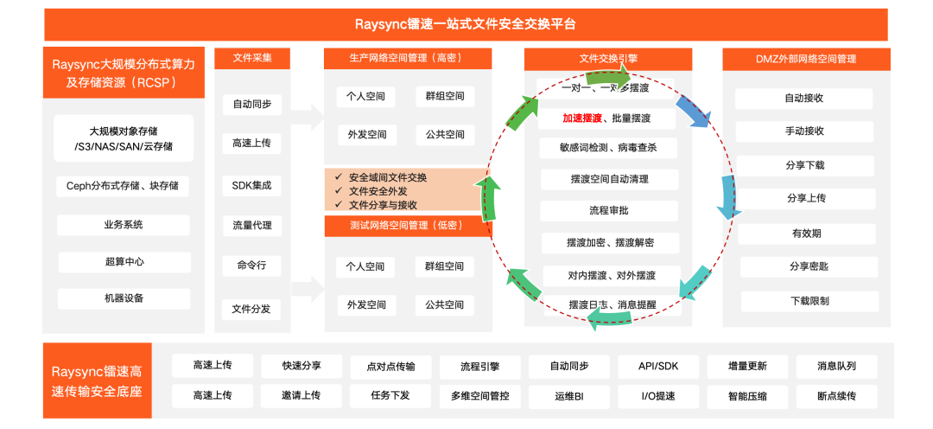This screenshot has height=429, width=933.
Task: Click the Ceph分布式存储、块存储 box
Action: (x=123, y=186)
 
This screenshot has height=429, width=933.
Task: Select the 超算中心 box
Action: (x=123, y=261)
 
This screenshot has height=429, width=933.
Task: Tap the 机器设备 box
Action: (x=123, y=298)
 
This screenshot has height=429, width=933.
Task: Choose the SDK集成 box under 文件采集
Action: (x=251, y=185)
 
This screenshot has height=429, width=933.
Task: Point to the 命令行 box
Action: (x=251, y=266)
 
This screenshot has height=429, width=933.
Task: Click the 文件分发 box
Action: (x=251, y=308)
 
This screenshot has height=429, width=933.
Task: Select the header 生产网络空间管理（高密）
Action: (x=408, y=59)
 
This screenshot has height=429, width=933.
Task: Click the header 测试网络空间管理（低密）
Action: (x=408, y=226)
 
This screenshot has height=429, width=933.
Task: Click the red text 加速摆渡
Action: (x=562, y=118)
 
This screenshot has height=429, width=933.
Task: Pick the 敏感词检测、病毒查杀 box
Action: (x=609, y=148)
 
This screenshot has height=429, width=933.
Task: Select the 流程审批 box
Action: (x=609, y=210)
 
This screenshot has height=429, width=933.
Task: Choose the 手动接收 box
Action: (x=804, y=131)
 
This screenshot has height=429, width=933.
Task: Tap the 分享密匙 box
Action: (x=804, y=266)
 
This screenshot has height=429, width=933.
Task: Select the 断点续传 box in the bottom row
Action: (x=836, y=396)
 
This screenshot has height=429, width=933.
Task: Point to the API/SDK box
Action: (x=658, y=366)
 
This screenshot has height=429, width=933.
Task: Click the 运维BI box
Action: (x=569, y=396)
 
